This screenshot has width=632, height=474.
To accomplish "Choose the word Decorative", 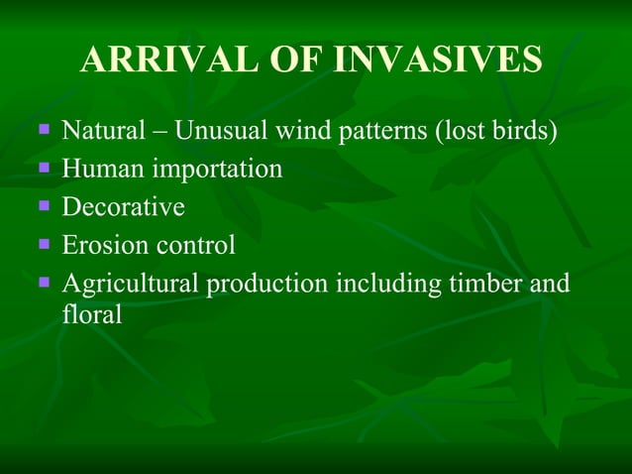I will point(123,207).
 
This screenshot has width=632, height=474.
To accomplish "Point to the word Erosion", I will point(106,245).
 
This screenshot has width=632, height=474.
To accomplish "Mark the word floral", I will point(91,314).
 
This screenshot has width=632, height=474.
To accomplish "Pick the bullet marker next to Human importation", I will point(44,167).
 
